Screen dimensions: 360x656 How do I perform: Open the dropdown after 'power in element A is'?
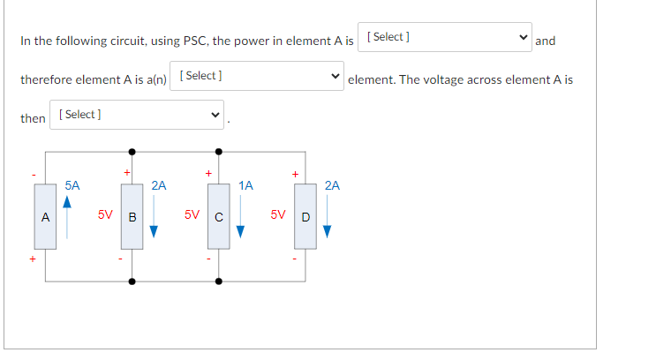point(447,37)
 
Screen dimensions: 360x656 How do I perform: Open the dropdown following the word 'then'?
point(138,115)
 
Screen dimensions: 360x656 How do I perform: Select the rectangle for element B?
point(132,216)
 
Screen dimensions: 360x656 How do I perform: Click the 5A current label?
point(72,185)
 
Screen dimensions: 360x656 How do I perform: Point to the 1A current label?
point(245,185)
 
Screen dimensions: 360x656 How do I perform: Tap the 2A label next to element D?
point(332,185)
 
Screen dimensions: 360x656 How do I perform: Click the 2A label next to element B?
point(158,185)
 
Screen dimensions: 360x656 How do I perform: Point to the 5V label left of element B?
point(105,214)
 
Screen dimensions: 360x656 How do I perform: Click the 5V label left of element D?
point(278,214)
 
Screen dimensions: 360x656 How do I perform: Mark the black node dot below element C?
point(218,281)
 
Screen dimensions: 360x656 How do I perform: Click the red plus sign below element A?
point(34,259)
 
